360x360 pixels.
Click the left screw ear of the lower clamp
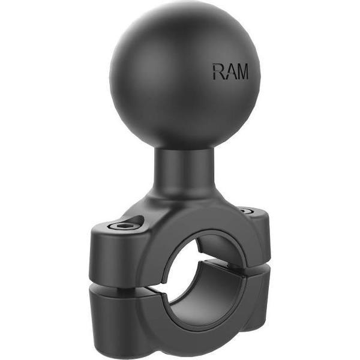tap(114, 306)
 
